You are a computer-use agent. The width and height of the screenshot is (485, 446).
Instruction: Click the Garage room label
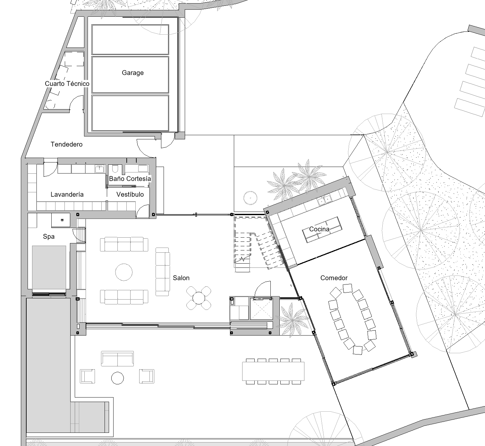click(133, 73)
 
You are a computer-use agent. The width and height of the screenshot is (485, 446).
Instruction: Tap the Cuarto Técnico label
click(67, 83)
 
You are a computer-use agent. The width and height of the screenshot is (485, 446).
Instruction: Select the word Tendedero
click(66, 144)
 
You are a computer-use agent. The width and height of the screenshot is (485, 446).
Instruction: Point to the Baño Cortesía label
click(130, 179)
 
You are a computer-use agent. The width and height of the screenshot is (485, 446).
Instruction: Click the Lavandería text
click(67, 195)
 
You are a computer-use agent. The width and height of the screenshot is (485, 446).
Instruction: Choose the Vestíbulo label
click(130, 195)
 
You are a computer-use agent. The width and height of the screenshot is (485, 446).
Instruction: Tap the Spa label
click(49, 237)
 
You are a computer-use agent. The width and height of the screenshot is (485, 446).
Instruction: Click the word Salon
click(181, 278)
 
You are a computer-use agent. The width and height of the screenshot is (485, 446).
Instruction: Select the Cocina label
click(319, 229)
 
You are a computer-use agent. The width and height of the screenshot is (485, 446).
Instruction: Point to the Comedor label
click(334, 278)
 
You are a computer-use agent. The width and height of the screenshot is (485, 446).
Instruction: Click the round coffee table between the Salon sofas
click(124, 272)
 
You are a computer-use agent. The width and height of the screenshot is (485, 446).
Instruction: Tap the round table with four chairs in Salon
click(199, 298)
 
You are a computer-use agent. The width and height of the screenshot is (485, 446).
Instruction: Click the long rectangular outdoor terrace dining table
click(273, 372)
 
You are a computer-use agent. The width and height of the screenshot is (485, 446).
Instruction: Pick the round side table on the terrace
click(117, 378)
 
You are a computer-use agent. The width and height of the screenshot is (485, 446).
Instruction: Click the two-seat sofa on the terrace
click(117, 359)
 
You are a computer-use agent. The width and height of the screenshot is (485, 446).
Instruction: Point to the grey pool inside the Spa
click(49, 267)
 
